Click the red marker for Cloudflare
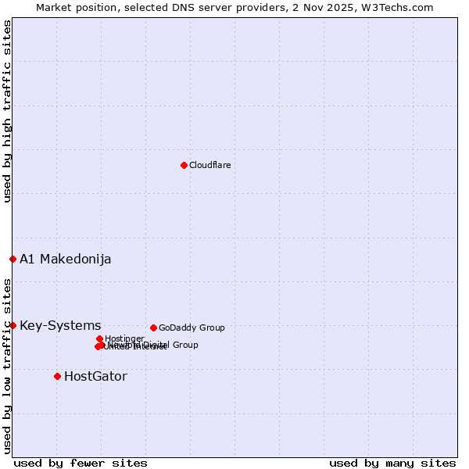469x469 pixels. point(184,165)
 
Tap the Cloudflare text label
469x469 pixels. point(209,166)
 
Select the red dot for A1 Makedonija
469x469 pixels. point(13,259)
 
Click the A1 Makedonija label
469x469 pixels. point(65,260)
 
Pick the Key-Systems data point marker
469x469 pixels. point(13,325)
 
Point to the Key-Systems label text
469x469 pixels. point(60,326)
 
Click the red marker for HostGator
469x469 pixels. point(57,376)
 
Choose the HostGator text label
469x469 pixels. point(95,377)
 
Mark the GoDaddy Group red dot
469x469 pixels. point(153,328)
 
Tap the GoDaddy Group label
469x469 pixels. point(192,328)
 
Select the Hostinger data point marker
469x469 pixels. point(99,338)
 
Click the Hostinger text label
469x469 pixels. point(124,339)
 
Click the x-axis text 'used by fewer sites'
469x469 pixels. point(81,463)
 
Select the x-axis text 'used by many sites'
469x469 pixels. point(392,463)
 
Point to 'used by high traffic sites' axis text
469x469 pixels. point(7,111)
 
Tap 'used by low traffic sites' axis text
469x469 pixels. point(7,365)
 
